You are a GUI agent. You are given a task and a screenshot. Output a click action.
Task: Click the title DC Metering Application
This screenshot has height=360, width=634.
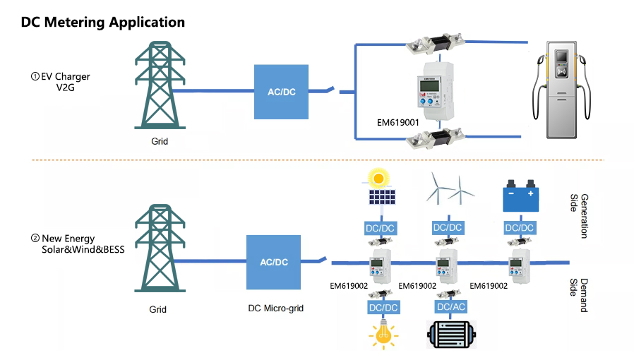point(103,22)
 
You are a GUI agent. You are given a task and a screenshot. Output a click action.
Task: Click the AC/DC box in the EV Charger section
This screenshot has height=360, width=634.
point(281,92)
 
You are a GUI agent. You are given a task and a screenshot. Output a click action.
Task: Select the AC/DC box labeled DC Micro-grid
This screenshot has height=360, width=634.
point(274,262)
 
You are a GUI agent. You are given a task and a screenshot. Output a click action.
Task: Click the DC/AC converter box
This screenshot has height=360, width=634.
point(450,306)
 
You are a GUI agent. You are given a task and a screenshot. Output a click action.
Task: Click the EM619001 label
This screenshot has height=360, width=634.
point(398,122)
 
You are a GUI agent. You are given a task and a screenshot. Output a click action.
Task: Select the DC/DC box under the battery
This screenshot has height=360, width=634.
point(520,228)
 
